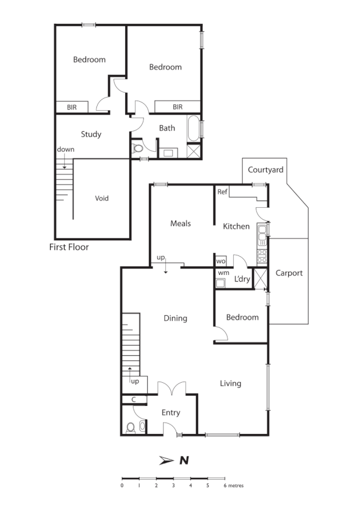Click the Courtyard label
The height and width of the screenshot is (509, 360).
pos(267,170)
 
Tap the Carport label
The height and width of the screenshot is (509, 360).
pos(289,273)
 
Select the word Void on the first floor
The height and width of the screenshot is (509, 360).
pos(103,198)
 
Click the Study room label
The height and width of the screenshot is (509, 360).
pos(91,134)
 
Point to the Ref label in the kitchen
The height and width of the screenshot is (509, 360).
pos(223,192)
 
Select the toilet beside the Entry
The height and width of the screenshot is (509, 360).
pos(131,427)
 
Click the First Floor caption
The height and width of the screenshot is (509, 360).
pos(69,247)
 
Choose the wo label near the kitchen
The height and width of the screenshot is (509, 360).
pos(221,261)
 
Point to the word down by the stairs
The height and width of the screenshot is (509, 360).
pos(65,149)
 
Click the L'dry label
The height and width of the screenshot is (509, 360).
pos(242,280)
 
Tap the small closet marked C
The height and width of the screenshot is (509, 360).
pos(134,400)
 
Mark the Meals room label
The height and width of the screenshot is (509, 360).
pos(181,224)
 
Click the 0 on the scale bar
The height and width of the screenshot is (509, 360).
pos(122,486)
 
